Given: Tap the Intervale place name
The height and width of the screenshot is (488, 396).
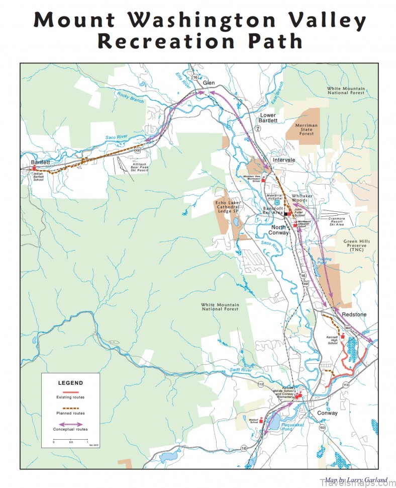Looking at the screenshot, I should click(283, 160).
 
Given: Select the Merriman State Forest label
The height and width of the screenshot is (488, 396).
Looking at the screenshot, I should click(307, 129).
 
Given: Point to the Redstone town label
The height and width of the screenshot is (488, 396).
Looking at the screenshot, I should click(354, 314).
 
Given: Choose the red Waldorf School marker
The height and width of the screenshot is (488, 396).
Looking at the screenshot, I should click(261, 419).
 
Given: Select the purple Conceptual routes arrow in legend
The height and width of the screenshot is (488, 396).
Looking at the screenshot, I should click(70, 424).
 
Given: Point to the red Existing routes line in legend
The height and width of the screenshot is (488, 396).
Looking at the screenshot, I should click(70, 392).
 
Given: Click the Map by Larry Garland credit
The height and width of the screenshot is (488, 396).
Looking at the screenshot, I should click(356, 480).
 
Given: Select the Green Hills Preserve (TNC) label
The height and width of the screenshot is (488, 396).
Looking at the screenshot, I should click(357, 245).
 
